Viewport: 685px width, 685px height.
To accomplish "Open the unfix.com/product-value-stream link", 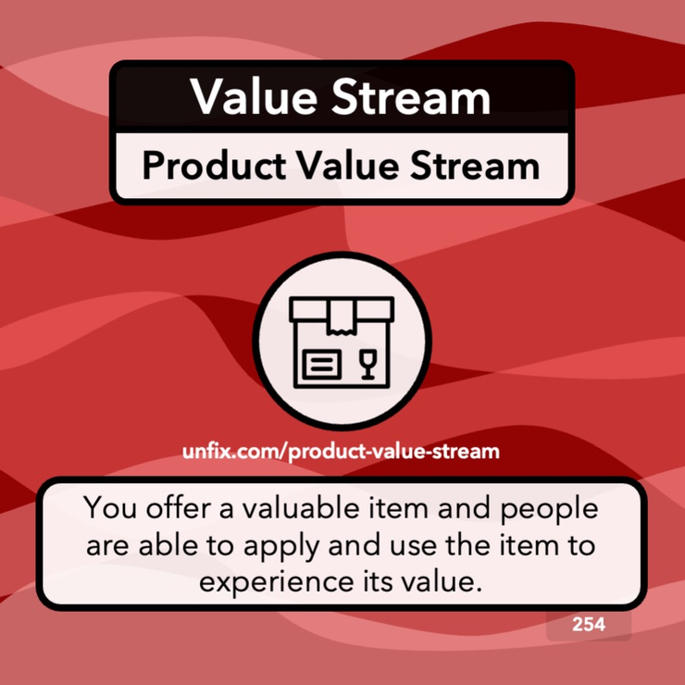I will point(342,453).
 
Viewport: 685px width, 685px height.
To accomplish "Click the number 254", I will point(589,625).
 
